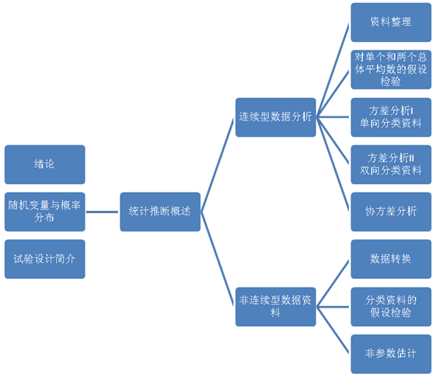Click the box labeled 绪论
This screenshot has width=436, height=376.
click(x=45, y=165)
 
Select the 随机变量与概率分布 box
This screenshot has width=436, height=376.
click(x=45, y=212)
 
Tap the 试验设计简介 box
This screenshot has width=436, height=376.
click(x=45, y=259)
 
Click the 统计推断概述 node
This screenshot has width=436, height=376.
click(x=160, y=212)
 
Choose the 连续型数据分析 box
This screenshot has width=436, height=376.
click(x=276, y=117)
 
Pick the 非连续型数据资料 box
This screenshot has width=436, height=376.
click(x=276, y=307)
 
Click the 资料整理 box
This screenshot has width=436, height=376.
click(x=391, y=23)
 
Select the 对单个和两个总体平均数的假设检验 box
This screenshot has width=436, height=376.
click(x=391, y=70)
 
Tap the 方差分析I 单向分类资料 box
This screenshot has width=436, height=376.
click(x=391, y=117)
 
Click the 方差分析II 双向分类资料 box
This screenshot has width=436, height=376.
click(x=391, y=165)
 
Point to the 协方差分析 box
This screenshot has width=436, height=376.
click(x=391, y=212)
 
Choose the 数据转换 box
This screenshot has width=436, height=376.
click(x=391, y=259)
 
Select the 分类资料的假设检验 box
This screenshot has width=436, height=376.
click(x=391, y=307)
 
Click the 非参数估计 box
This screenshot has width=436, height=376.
click(x=391, y=354)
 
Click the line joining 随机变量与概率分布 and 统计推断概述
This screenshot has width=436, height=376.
click(x=102, y=212)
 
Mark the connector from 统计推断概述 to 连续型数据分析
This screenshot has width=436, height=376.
click(x=217, y=165)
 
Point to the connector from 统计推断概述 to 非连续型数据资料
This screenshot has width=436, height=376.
click(x=217, y=259)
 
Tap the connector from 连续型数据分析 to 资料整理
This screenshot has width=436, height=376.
click(x=333, y=70)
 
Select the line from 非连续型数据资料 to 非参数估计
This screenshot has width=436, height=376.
click(x=333, y=330)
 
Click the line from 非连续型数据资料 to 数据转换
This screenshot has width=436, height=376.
click(x=333, y=283)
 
